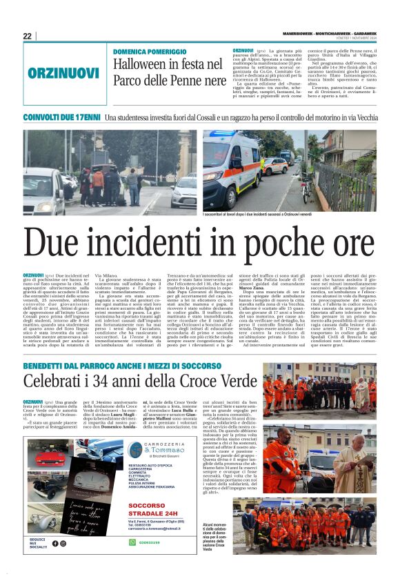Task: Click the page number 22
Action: coord(27,36)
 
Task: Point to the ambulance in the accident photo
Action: coord(231,172)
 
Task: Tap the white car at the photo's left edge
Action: coord(38,190)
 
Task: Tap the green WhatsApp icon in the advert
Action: coord(132,542)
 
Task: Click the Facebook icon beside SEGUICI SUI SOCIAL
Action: coord(54,543)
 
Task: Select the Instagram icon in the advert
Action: coord(63,543)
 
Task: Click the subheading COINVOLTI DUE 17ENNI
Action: coord(61,118)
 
